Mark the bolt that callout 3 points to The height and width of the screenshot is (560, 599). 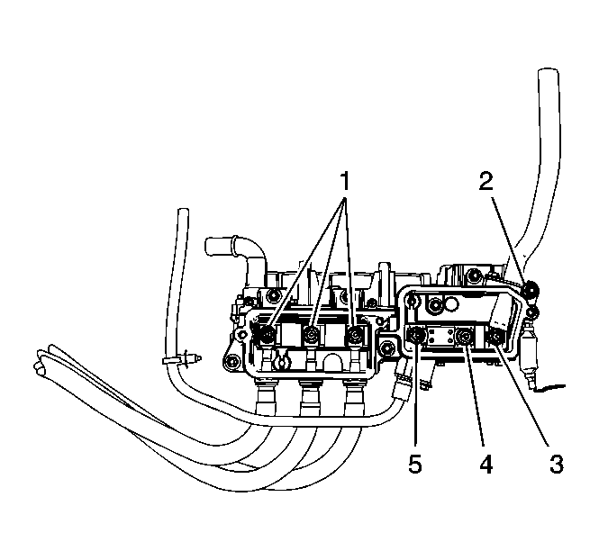coord(495,339)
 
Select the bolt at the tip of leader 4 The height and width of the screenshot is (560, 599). coord(464,339)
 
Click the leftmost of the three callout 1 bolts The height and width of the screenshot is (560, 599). coord(268,337)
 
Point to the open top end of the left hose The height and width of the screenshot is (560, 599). coord(183,213)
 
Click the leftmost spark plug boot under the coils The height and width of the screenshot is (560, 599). coord(268,395)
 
